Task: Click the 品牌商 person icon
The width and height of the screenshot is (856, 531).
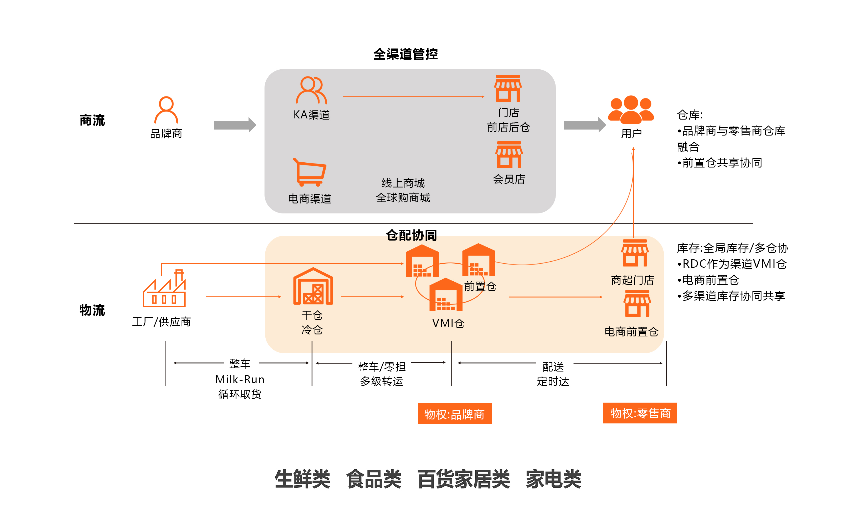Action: (x=166, y=110)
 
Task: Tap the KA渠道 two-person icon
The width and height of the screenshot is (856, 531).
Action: (x=311, y=90)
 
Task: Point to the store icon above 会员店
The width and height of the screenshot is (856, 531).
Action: (x=509, y=155)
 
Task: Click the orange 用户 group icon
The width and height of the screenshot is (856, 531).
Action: (x=631, y=110)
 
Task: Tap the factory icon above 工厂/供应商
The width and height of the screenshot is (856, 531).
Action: (x=164, y=289)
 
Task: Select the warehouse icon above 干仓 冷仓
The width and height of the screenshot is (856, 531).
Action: (x=313, y=286)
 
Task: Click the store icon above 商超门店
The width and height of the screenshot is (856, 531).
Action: (x=635, y=253)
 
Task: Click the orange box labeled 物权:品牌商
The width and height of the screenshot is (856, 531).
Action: (x=454, y=414)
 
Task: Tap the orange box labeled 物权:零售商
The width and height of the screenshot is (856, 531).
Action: (x=640, y=413)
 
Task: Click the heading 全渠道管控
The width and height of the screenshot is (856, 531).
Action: (x=405, y=54)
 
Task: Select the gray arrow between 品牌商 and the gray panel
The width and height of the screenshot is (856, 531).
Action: (x=235, y=125)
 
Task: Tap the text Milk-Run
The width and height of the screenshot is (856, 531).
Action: (x=240, y=379)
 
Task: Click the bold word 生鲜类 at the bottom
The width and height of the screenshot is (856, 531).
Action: (x=302, y=479)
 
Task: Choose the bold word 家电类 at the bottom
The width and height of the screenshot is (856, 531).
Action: (x=553, y=479)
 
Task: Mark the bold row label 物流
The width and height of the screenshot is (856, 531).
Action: (x=92, y=310)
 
